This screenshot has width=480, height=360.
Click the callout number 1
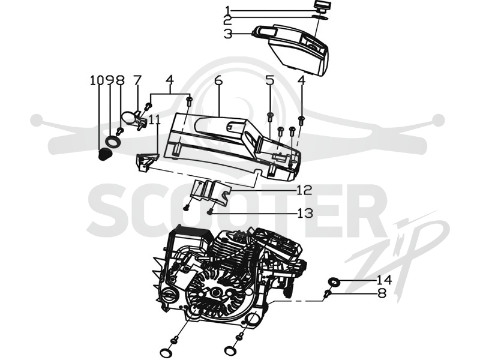pyautogui.click(x=227, y=10)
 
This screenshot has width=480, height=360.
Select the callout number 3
pyautogui.click(x=228, y=34)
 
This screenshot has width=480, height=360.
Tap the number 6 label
pyautogui.click(x=218, y=80)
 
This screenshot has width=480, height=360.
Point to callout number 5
pyautogui.click(x=269, y=80)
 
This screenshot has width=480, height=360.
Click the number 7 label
pyautogui.click(x=137, y=80)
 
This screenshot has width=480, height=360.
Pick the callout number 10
pyautogui.click(x=97, y=80)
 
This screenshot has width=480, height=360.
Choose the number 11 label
pyautogui.click(x=155, y=119)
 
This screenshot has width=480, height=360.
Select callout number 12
pyautogui.click(x=304, y=190)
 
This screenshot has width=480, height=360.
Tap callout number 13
pyautogui.click(x=305, y=213)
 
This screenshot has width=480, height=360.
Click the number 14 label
pyautogui.click(x=384, y=280)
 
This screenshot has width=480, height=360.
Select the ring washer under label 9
pyautogui.click(x=113, y=142)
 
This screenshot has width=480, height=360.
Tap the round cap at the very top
pyautogui.click(x=322, y=5)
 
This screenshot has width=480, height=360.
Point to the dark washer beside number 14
pyautogui.click(x=334, y=281)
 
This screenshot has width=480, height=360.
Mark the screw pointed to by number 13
pyautogui.click(x=210, y=211)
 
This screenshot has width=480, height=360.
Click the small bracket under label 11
pyautogui.click(x=146, y=161)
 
